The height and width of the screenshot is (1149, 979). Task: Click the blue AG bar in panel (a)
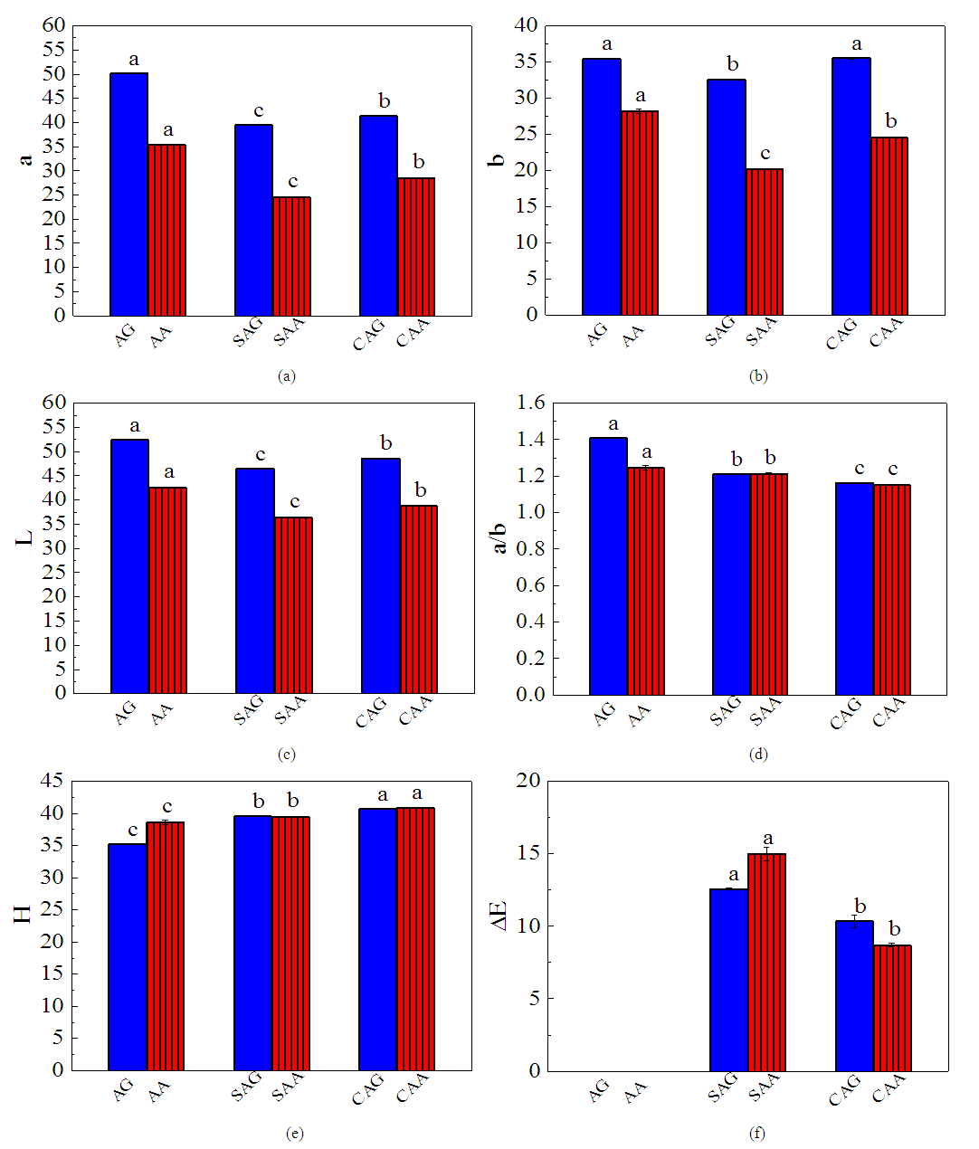(x=128, y=195)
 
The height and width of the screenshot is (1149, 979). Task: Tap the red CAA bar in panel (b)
(x=889, y=226)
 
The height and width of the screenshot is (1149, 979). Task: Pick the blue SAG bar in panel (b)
(x=727, y=197)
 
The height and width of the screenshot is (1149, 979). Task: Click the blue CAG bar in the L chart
(x=381, y=575)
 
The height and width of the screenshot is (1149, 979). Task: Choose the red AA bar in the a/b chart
(x=646, y=581)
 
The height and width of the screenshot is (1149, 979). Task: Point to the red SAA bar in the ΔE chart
(x=767, y=962)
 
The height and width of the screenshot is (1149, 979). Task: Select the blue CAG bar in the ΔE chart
(x=854, y=995)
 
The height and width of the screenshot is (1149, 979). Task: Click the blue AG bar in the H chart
(x=128, y=956)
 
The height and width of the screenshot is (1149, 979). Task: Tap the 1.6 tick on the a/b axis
(x=532, y=403)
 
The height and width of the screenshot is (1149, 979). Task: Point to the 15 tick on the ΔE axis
(x=528, y=853)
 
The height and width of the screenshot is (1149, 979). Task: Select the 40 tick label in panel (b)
(x=527, y=25)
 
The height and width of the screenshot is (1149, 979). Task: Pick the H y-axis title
(x=23, y=913)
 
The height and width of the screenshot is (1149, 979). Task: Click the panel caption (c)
(x=288, y=755)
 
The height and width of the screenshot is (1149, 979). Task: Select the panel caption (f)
(x=757, y=1133)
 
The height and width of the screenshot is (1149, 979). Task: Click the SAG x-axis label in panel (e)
(x=247, y=1085)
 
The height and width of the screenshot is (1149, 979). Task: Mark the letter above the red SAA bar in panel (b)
(x=765, y=154)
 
